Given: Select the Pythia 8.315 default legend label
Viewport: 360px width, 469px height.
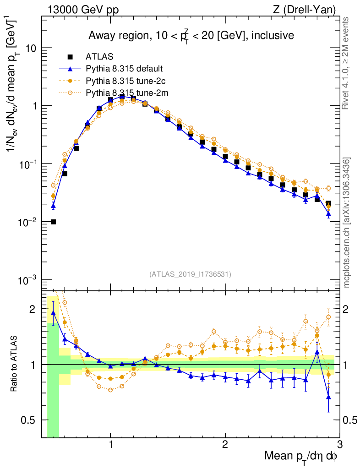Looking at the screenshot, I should (125, 69).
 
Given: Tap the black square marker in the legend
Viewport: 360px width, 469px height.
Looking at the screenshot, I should (70, 57).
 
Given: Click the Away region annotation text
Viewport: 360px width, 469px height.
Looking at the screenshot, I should (191, 35).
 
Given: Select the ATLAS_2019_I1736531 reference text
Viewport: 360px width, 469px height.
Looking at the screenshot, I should (190, 274).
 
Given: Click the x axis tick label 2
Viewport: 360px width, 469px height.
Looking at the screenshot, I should (225, 444).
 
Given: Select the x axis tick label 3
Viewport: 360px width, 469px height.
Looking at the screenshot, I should (339, 444).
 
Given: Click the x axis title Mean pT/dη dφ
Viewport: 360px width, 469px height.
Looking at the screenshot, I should (301, 456).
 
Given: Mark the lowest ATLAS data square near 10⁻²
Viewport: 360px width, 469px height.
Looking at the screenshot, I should (53, 222).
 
